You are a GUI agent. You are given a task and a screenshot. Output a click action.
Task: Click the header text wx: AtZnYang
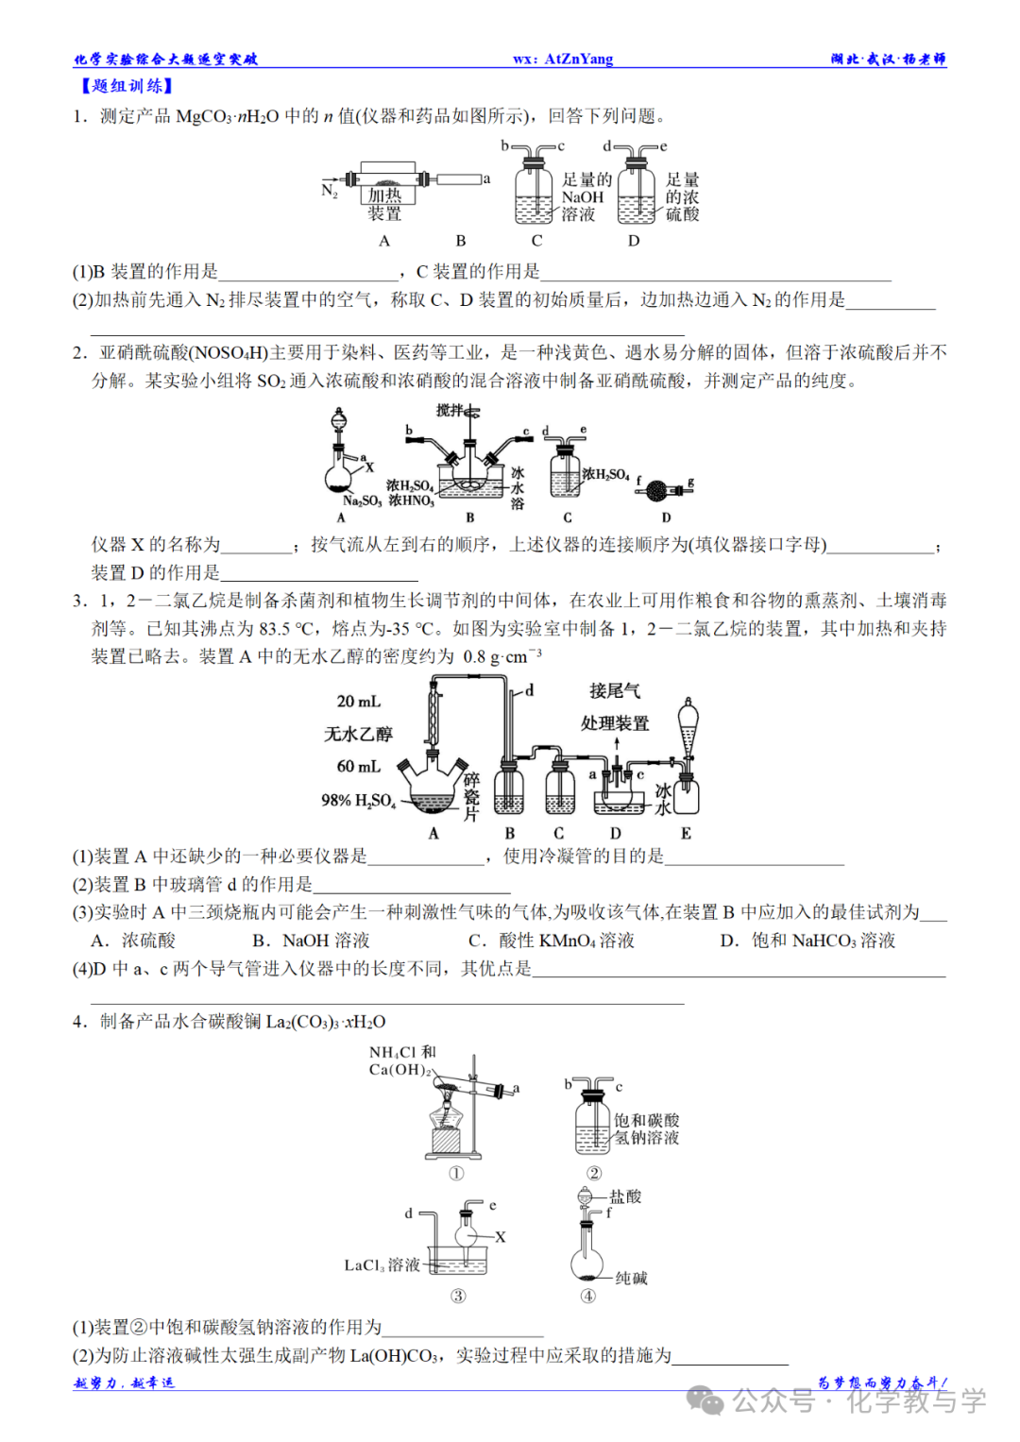pos(563,59)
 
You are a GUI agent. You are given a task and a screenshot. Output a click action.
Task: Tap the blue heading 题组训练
pos(126,86)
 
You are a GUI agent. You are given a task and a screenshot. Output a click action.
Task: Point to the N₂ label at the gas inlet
pos(329,191)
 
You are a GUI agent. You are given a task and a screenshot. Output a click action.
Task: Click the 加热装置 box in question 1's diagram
pos(384,201)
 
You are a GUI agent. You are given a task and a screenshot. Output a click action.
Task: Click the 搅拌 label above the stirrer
pos(450,410)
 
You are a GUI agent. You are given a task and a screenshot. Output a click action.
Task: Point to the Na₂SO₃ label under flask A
pos(362,500)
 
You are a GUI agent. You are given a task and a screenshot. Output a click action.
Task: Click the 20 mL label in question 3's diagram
pos(358,701)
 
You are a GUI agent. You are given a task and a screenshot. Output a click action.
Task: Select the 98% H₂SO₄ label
pos(358,800)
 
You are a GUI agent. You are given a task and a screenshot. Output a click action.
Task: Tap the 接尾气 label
pos(615,691)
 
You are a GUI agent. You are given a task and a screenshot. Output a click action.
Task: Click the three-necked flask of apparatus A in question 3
pos(433,789)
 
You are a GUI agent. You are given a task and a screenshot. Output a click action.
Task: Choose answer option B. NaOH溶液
pos(311,941)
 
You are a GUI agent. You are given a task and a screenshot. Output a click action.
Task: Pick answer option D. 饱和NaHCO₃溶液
pos(807,941)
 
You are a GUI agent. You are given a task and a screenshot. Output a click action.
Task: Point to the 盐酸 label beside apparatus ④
pos(625,1196)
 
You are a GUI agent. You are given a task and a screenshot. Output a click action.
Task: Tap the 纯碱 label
pos(631,1278)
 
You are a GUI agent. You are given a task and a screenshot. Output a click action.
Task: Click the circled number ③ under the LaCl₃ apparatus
pos(458,1296)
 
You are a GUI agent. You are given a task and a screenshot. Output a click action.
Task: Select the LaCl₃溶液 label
pos(382,1264)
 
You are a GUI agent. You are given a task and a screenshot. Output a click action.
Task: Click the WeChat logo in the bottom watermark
pos(705,1400)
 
